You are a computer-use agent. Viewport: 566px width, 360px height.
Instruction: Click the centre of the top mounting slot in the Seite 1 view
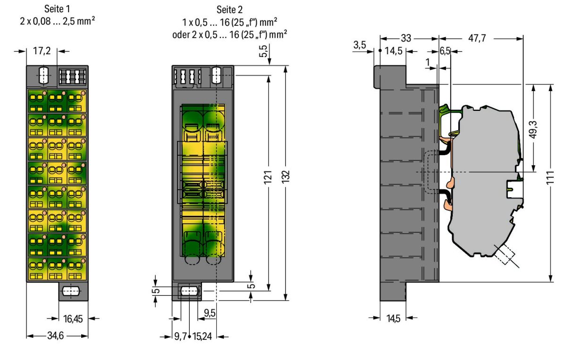(x=42, y=75)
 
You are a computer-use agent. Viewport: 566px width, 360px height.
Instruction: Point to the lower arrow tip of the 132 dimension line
(x=286, y=300)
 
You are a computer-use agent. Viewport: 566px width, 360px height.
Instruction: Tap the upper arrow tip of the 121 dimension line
(x=268, y=75)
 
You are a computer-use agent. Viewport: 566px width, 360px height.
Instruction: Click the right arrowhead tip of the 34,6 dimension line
(x=88, y=336)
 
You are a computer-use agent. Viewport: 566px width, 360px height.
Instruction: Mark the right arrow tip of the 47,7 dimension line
(x=523, y=38)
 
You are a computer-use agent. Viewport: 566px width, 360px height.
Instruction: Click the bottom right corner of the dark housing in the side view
(x=439, y=282)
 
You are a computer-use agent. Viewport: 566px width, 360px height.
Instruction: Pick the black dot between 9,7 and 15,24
(x=189, y=336)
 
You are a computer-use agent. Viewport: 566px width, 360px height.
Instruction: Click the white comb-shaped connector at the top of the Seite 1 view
(x=72, y=76)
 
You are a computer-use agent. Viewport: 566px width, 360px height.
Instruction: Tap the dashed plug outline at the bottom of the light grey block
(x=504, y=253)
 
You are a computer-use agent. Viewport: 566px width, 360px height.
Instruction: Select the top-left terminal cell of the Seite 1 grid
(x=38, y=101)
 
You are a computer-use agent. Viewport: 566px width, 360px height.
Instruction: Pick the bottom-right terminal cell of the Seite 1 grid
(x=76, y=269)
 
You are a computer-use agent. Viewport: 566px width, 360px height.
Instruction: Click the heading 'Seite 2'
(x=229, y=9)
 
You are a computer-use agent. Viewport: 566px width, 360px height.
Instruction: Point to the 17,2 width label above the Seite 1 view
(x=42, y=51)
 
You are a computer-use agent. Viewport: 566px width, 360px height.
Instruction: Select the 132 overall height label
(x=286, y=177)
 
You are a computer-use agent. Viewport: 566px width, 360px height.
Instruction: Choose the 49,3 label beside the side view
(x=534, y=129)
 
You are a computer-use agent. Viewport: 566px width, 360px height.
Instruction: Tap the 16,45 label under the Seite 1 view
(x=73, y=319)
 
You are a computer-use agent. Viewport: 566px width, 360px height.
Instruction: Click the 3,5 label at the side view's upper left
(x=360, y=45)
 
